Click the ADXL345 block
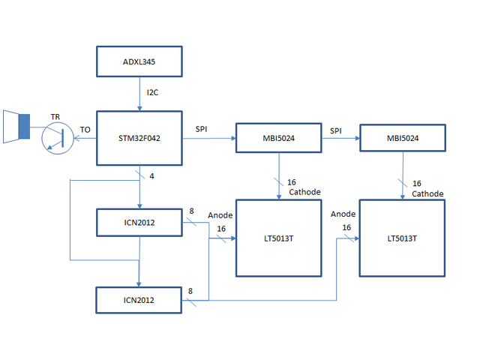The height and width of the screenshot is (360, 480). pyautogui.click(x=139, y=61)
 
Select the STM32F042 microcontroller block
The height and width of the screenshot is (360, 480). pyautogui.click(x=139, y=139)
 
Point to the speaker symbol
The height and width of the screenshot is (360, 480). pyautogui.click(x=16, y=125)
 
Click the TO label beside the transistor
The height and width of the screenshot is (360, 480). pyautogui.click(x=85, y=130)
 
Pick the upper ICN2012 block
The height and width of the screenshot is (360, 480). pyautogui.click(x=139, y=223)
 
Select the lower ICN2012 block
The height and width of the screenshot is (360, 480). pyautogui.click(x=139, y=299)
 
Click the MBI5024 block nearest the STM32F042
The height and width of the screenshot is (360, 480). pyautogui.click(x=279, y=139)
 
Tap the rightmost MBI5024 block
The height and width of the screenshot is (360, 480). pyautogui.click(x=403, y=139)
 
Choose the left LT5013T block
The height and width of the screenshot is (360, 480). pyautogui.click(x=279, y=238)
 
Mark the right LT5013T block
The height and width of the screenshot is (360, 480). pyautogui.click(x=402, y=238)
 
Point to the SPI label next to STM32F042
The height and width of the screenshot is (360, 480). pyautogui.click(x=202, y=130)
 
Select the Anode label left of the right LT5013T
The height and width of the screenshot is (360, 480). pyautogui.click(x=343, y=214)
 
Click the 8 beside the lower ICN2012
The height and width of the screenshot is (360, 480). pyautogui.click(x=192, y=290)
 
